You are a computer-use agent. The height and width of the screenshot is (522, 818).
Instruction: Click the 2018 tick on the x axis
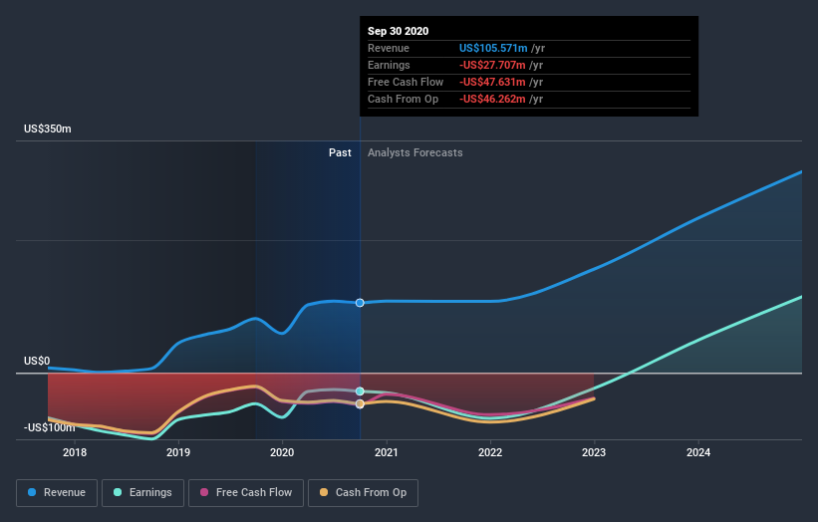[74, 452]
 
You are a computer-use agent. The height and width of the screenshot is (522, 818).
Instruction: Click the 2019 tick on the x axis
[178, 452]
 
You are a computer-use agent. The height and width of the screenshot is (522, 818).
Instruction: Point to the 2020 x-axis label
[282, 452]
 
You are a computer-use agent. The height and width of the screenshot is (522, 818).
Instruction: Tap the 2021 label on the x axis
[387, 452]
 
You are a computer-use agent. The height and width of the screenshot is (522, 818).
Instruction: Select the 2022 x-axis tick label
[490, 452]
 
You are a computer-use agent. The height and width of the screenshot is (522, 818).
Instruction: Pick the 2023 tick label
[594, 452]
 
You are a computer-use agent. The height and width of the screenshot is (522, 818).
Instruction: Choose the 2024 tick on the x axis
[698, 452]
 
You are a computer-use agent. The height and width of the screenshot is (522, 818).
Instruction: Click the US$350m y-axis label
[49, 130]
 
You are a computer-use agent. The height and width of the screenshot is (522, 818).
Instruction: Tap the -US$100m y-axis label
[49, 427]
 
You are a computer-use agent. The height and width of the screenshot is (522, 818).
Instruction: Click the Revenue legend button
[57, 492]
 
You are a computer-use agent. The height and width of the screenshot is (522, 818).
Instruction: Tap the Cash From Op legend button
[363, 492]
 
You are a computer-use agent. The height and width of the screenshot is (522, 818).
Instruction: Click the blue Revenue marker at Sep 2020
[360, 303]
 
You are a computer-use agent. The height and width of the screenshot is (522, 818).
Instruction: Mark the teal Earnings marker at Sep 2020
[360, 391]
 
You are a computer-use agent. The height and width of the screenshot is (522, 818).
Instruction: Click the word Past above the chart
[340, 152]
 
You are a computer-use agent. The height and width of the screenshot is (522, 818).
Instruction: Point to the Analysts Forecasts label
[414, 152]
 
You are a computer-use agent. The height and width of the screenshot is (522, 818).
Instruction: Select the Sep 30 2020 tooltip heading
[398, 31]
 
